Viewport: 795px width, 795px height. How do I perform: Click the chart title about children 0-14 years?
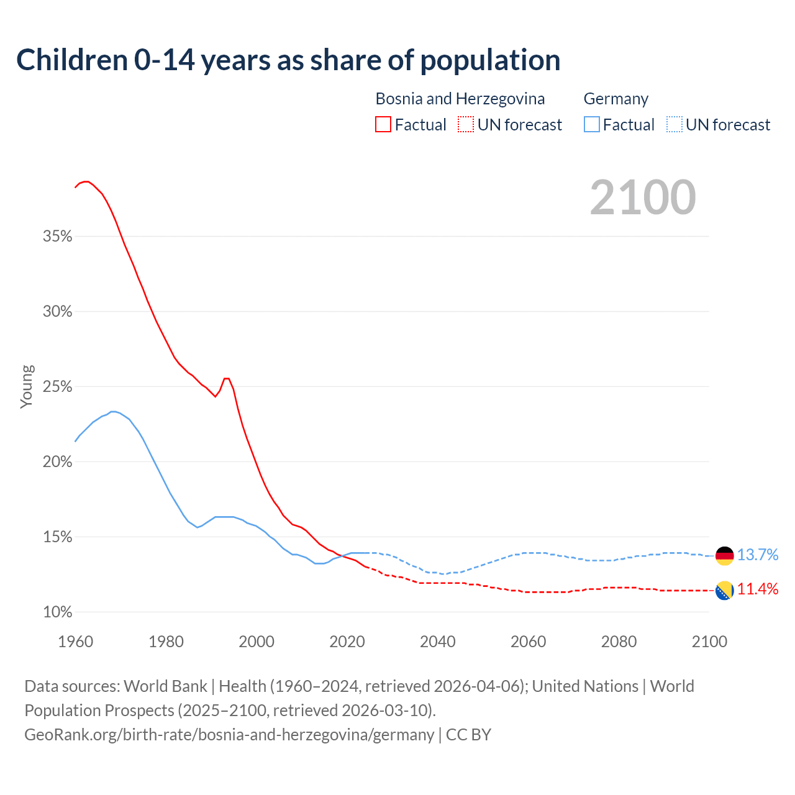pyautogui.click(x=288, y=60)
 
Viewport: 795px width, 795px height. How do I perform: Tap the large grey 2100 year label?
pyautogui.click(x=643, y=198)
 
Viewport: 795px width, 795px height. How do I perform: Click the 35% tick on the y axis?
pyautogui.click(x=58, y=237)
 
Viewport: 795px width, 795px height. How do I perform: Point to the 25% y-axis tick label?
pyautogui.click(x=58, y=387)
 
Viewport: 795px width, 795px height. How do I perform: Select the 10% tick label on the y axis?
pyautogui.click(x=58, y=612)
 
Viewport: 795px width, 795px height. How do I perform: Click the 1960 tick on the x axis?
pyautogui.click(x=76, y=642)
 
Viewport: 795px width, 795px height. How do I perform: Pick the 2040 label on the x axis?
pyautogui.click(x=438, y=642)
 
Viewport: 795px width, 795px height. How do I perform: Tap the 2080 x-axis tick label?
pyautogui.click(x=619, y=642)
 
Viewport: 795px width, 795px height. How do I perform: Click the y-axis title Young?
pyautogui.click(x=27, y=386)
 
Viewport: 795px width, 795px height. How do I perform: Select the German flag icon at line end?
pyautogui.click(x=725, y=556)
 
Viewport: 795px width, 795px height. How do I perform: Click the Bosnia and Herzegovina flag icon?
pyautogui.click(x=725, y=591)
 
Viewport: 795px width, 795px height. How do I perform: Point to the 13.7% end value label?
pyautogui.click(x=758, y=555)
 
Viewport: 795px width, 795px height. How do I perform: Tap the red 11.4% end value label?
pyautogui.click(x=758, y=589)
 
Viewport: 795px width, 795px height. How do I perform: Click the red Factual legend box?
pyautogui.click(x=383, y=125)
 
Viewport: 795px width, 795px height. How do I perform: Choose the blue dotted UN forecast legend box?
pyautogui.click(x=675, y=125)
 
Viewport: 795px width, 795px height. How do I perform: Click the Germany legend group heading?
pyautogui.click(x=616, y=99)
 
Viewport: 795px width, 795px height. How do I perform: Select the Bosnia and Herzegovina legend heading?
pyautogui.click(x=460, y=99)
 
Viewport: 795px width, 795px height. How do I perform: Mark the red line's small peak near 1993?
pyautogui.click(x=227, y=378)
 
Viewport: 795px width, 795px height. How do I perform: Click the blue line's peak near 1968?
pyautogui.click(x=113, y=411)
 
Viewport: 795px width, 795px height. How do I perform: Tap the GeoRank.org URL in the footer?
pyautogui.click(x=229, y=735)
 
